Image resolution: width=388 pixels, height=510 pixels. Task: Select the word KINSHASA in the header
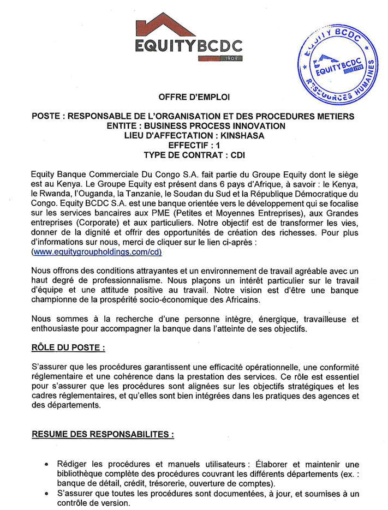coord(242,135)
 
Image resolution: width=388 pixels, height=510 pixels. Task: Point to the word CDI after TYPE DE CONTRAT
coord(238,155)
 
